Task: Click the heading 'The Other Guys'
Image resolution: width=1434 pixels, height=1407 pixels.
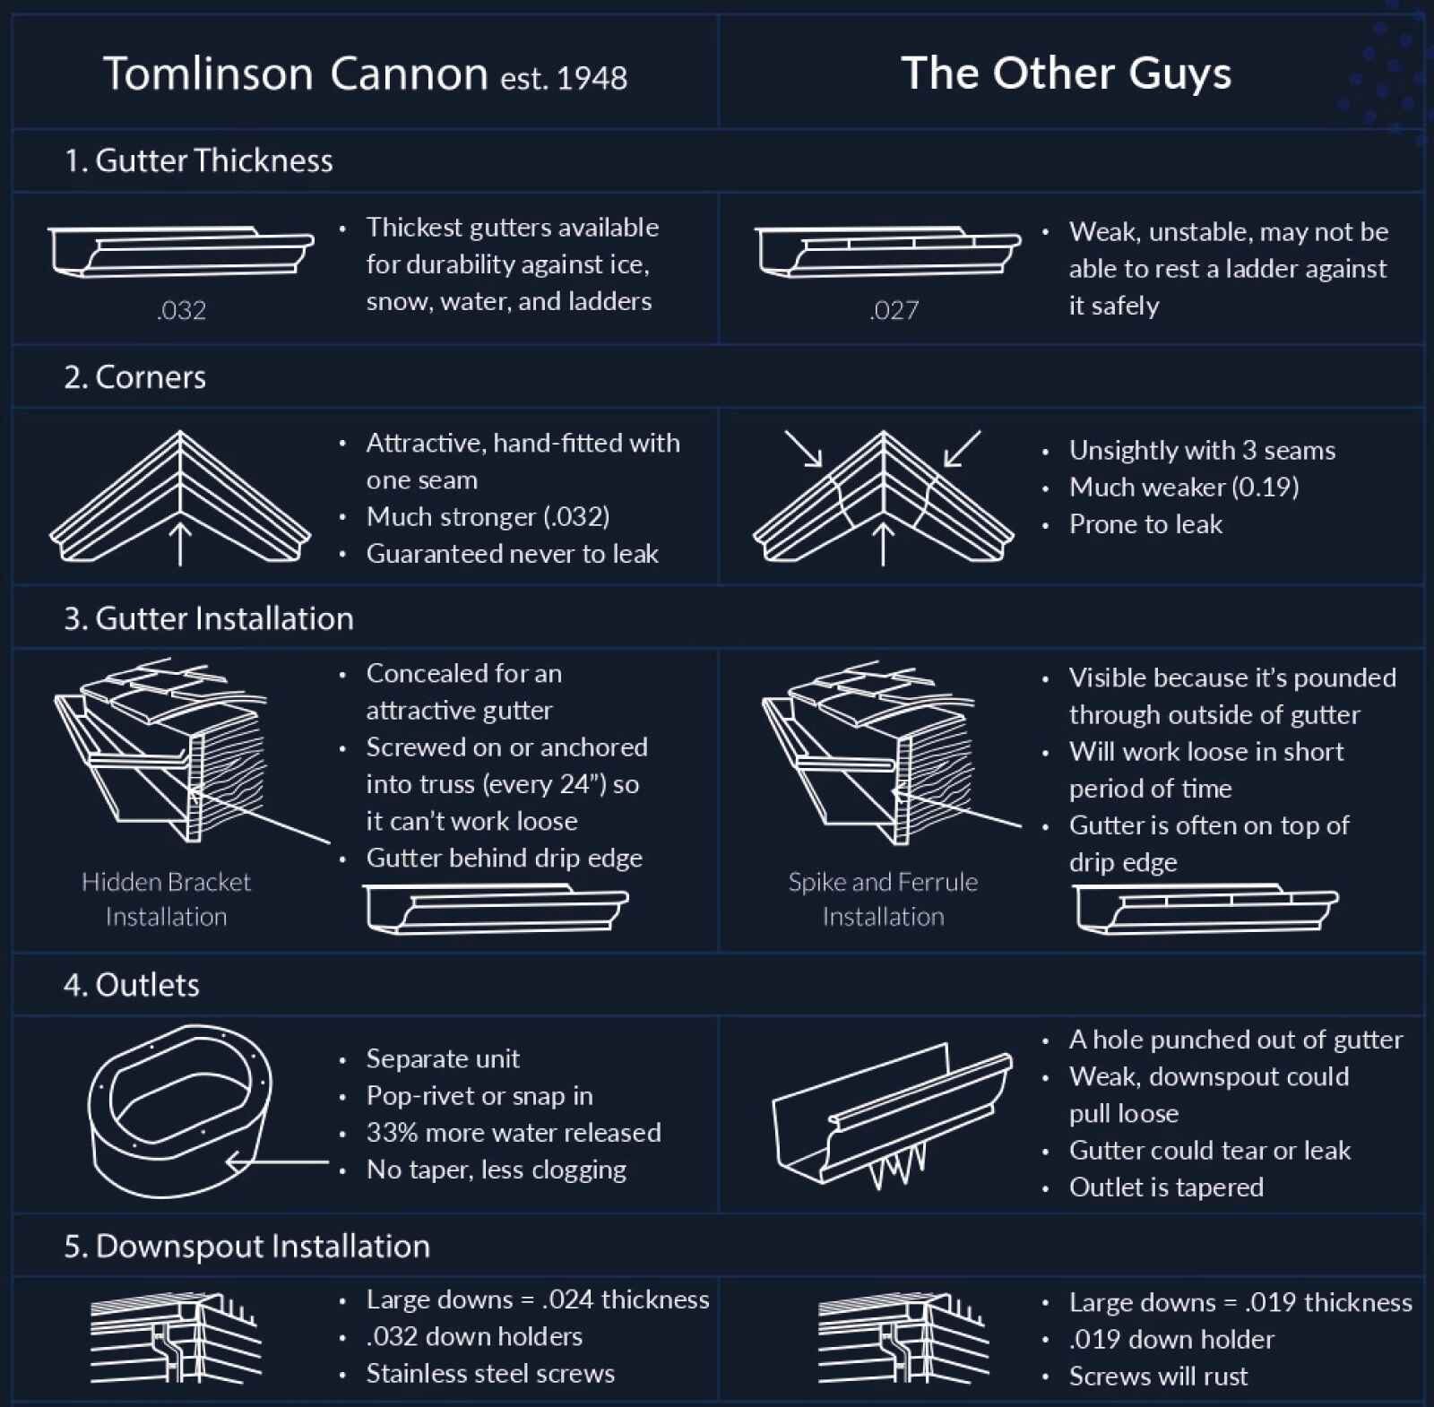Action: click(x=1066, y=73)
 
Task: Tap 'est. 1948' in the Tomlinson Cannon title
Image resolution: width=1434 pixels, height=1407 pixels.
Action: click(x=564, y=79)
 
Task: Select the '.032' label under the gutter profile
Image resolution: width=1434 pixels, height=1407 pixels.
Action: click(x=181, y=311)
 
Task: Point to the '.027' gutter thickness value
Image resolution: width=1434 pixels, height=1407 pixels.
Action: click(x=894, y=311)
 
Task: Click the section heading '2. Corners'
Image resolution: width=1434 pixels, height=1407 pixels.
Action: click(x=134, y=377)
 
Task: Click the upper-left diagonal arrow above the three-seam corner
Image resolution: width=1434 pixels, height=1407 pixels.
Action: click(x=803, y=448)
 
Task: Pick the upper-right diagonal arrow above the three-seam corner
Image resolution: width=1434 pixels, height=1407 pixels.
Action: click(x=963, y=448)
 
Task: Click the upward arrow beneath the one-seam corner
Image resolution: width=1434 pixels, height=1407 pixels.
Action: click(x=180, y=542)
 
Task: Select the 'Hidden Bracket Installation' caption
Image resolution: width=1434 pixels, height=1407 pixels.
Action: click(x=167, y=899)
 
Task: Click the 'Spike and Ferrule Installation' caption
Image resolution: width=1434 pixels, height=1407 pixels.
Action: click(x=883, y=899)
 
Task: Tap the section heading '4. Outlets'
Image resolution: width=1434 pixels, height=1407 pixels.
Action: click(x=132, y=985)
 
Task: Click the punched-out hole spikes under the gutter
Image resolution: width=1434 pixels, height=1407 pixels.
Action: click(x=896, y=1166)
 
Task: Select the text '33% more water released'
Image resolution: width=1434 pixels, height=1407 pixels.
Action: click(x=514, y=1133)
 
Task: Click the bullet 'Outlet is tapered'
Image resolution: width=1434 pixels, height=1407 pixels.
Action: click(x=1166, y=1187)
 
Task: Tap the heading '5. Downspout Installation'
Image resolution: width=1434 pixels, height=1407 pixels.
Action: click(x=246, y=1247)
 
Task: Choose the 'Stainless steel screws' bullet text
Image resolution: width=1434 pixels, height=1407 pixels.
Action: click(x=490, y=1374)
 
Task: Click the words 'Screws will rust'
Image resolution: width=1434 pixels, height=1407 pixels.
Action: click(x=1158, y=1377)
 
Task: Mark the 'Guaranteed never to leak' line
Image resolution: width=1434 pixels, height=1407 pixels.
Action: click(x=512, y=554)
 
